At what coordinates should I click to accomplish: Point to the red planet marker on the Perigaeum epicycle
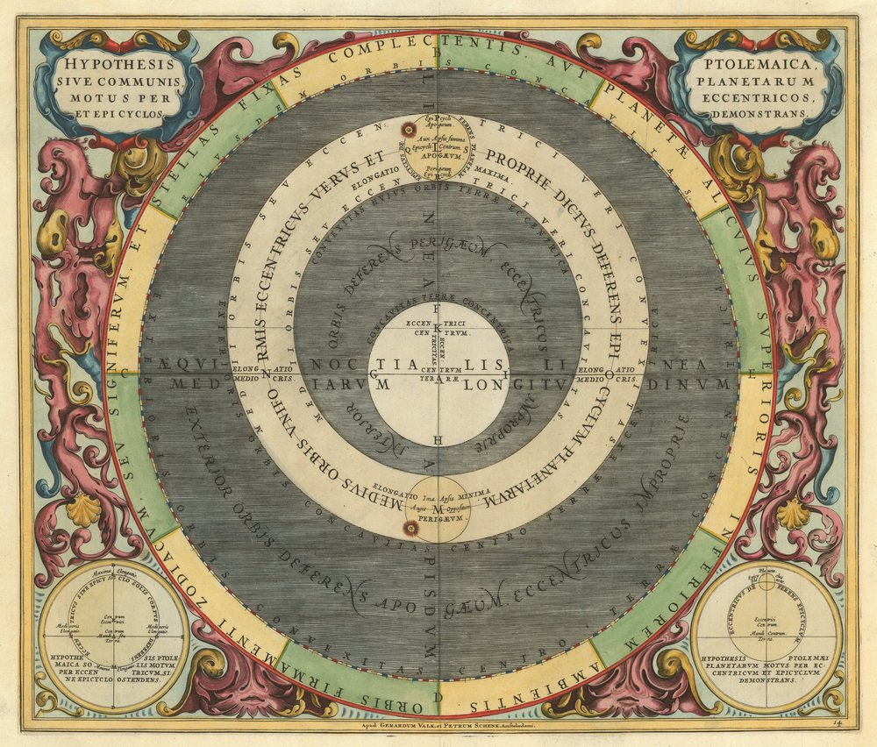[408, 526]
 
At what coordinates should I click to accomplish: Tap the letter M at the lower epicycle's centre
[438, 509]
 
